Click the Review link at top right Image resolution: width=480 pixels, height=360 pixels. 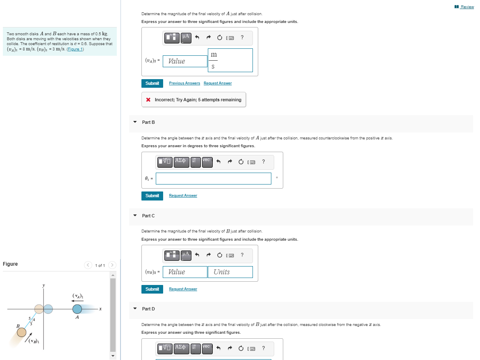pyautogui.click(x=466, y=7)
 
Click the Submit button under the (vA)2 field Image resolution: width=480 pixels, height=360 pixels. pyautogui.click(x=152, y=83)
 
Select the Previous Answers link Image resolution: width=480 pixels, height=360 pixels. pyautogui.click(x=184, y=83)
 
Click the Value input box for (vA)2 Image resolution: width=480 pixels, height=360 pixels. pyautogui.click(x=185, y=61)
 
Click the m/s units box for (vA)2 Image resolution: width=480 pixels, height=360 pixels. pyautogui.click(x=230, y=60)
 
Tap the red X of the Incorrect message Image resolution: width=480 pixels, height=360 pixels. pyautogui.click(x=148, y=100)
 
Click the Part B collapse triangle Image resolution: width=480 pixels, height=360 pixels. pyautogui.click(x=135, y=122)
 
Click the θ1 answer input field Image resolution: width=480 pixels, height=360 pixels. pyautogui.click(x=213, y=178)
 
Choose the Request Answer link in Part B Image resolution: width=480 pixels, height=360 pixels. pyautogui.click(x=183, y=196)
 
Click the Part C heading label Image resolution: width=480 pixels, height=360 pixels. pyautogui.click(x=148, y=216)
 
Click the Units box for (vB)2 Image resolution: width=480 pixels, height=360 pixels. pyautogui.click(x=230, y=272)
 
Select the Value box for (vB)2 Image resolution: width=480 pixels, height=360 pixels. pyautogui.click(x=185, y=272)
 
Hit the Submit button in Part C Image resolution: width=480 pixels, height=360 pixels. pyautogui.click(x=152, y=289)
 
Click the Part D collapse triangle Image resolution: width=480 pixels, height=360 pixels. pyautogui.click(x=135, y=309)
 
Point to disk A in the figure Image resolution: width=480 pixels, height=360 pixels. pyautogui.click(x=77, y=309)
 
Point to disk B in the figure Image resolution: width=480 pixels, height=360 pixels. pyautogui.click(x=22, y=331)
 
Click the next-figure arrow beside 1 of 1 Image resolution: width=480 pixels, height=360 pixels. pyautogui.click(x=113, y=265)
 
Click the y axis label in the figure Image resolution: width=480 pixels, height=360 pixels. pyautogui.click(x=43, y=285)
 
